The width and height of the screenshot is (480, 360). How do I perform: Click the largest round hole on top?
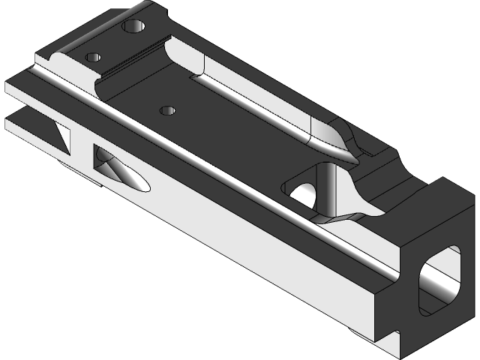tap(133, 28)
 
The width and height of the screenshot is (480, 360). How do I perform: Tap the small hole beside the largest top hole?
tap(94, 57)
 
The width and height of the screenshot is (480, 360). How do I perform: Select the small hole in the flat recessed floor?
tap(168, 111)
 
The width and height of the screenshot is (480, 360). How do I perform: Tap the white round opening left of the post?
tap(304, 193)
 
